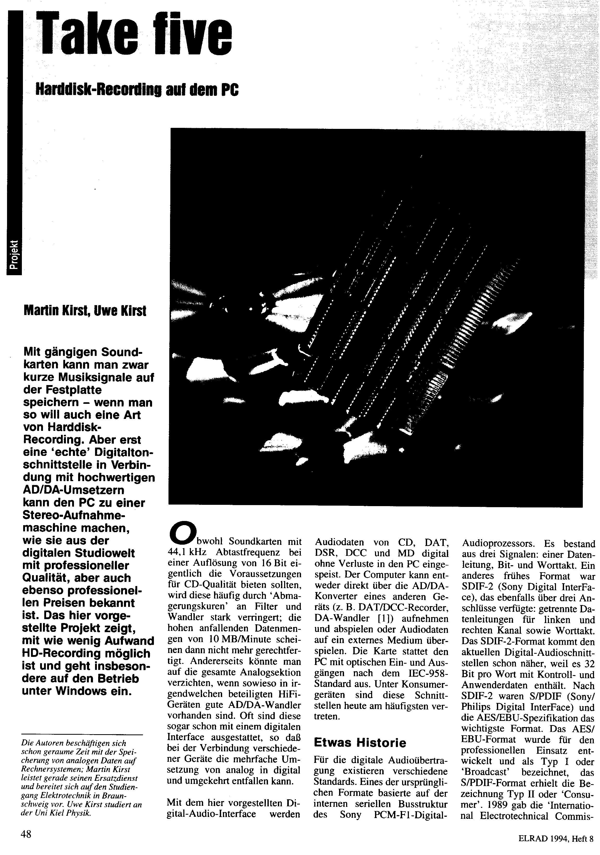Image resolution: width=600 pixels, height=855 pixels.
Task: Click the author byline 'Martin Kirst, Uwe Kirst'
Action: coord(85,310)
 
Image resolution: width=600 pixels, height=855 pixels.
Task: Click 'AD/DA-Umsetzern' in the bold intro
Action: coord(74,491)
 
